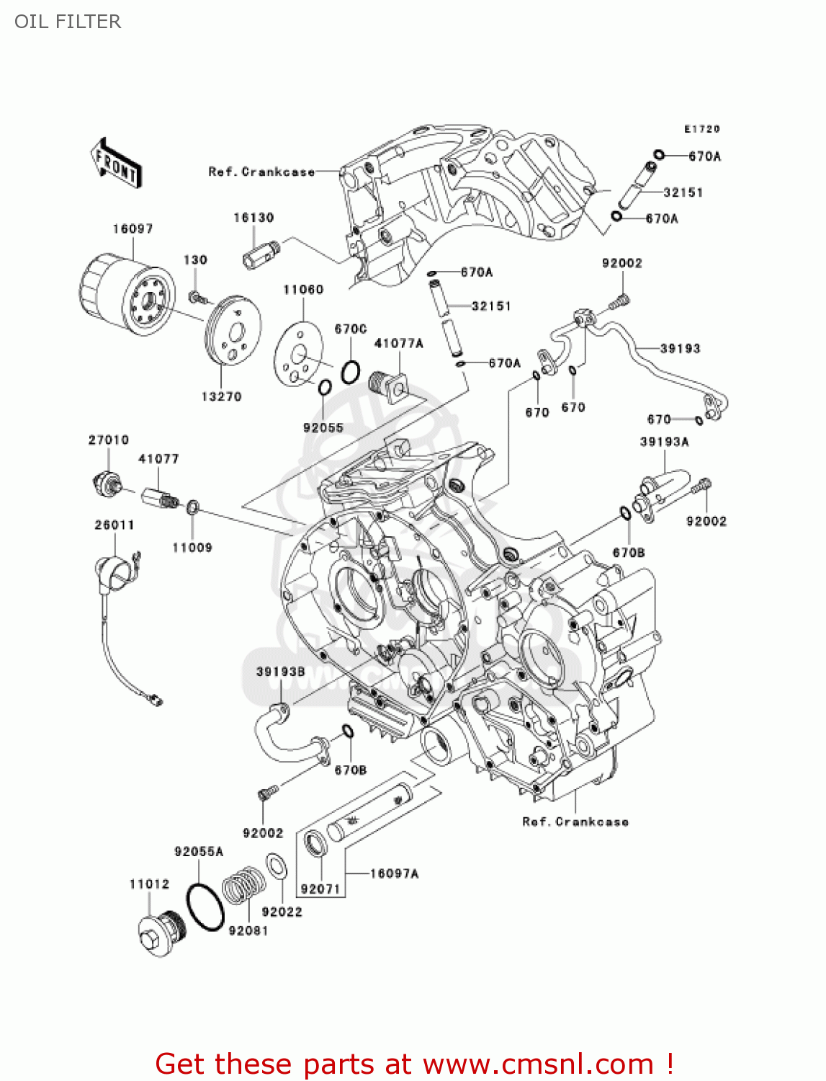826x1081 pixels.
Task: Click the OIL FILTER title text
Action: tap(68, 22)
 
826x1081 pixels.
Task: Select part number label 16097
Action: tap(133, 228)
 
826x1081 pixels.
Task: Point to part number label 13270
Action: tap(221, 396)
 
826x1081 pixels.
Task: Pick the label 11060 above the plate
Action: tap(303, 290)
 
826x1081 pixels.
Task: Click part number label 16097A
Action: tap(394, 873)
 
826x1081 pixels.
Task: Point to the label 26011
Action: tap(115, 525)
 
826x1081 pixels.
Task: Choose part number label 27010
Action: tap(109, 440)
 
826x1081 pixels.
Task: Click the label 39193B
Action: tap(281, 672)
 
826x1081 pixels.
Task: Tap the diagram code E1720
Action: tap(701, 129)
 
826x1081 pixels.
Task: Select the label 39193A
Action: tap(664, 441)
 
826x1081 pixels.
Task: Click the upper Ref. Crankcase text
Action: tap(261, 172)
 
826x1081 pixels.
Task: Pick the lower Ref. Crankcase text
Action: tap(575, 822)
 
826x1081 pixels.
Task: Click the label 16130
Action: tap(253, 217)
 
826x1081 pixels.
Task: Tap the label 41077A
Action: tap(399, 343)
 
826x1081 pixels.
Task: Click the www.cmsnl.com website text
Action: tap(538, 1064)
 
